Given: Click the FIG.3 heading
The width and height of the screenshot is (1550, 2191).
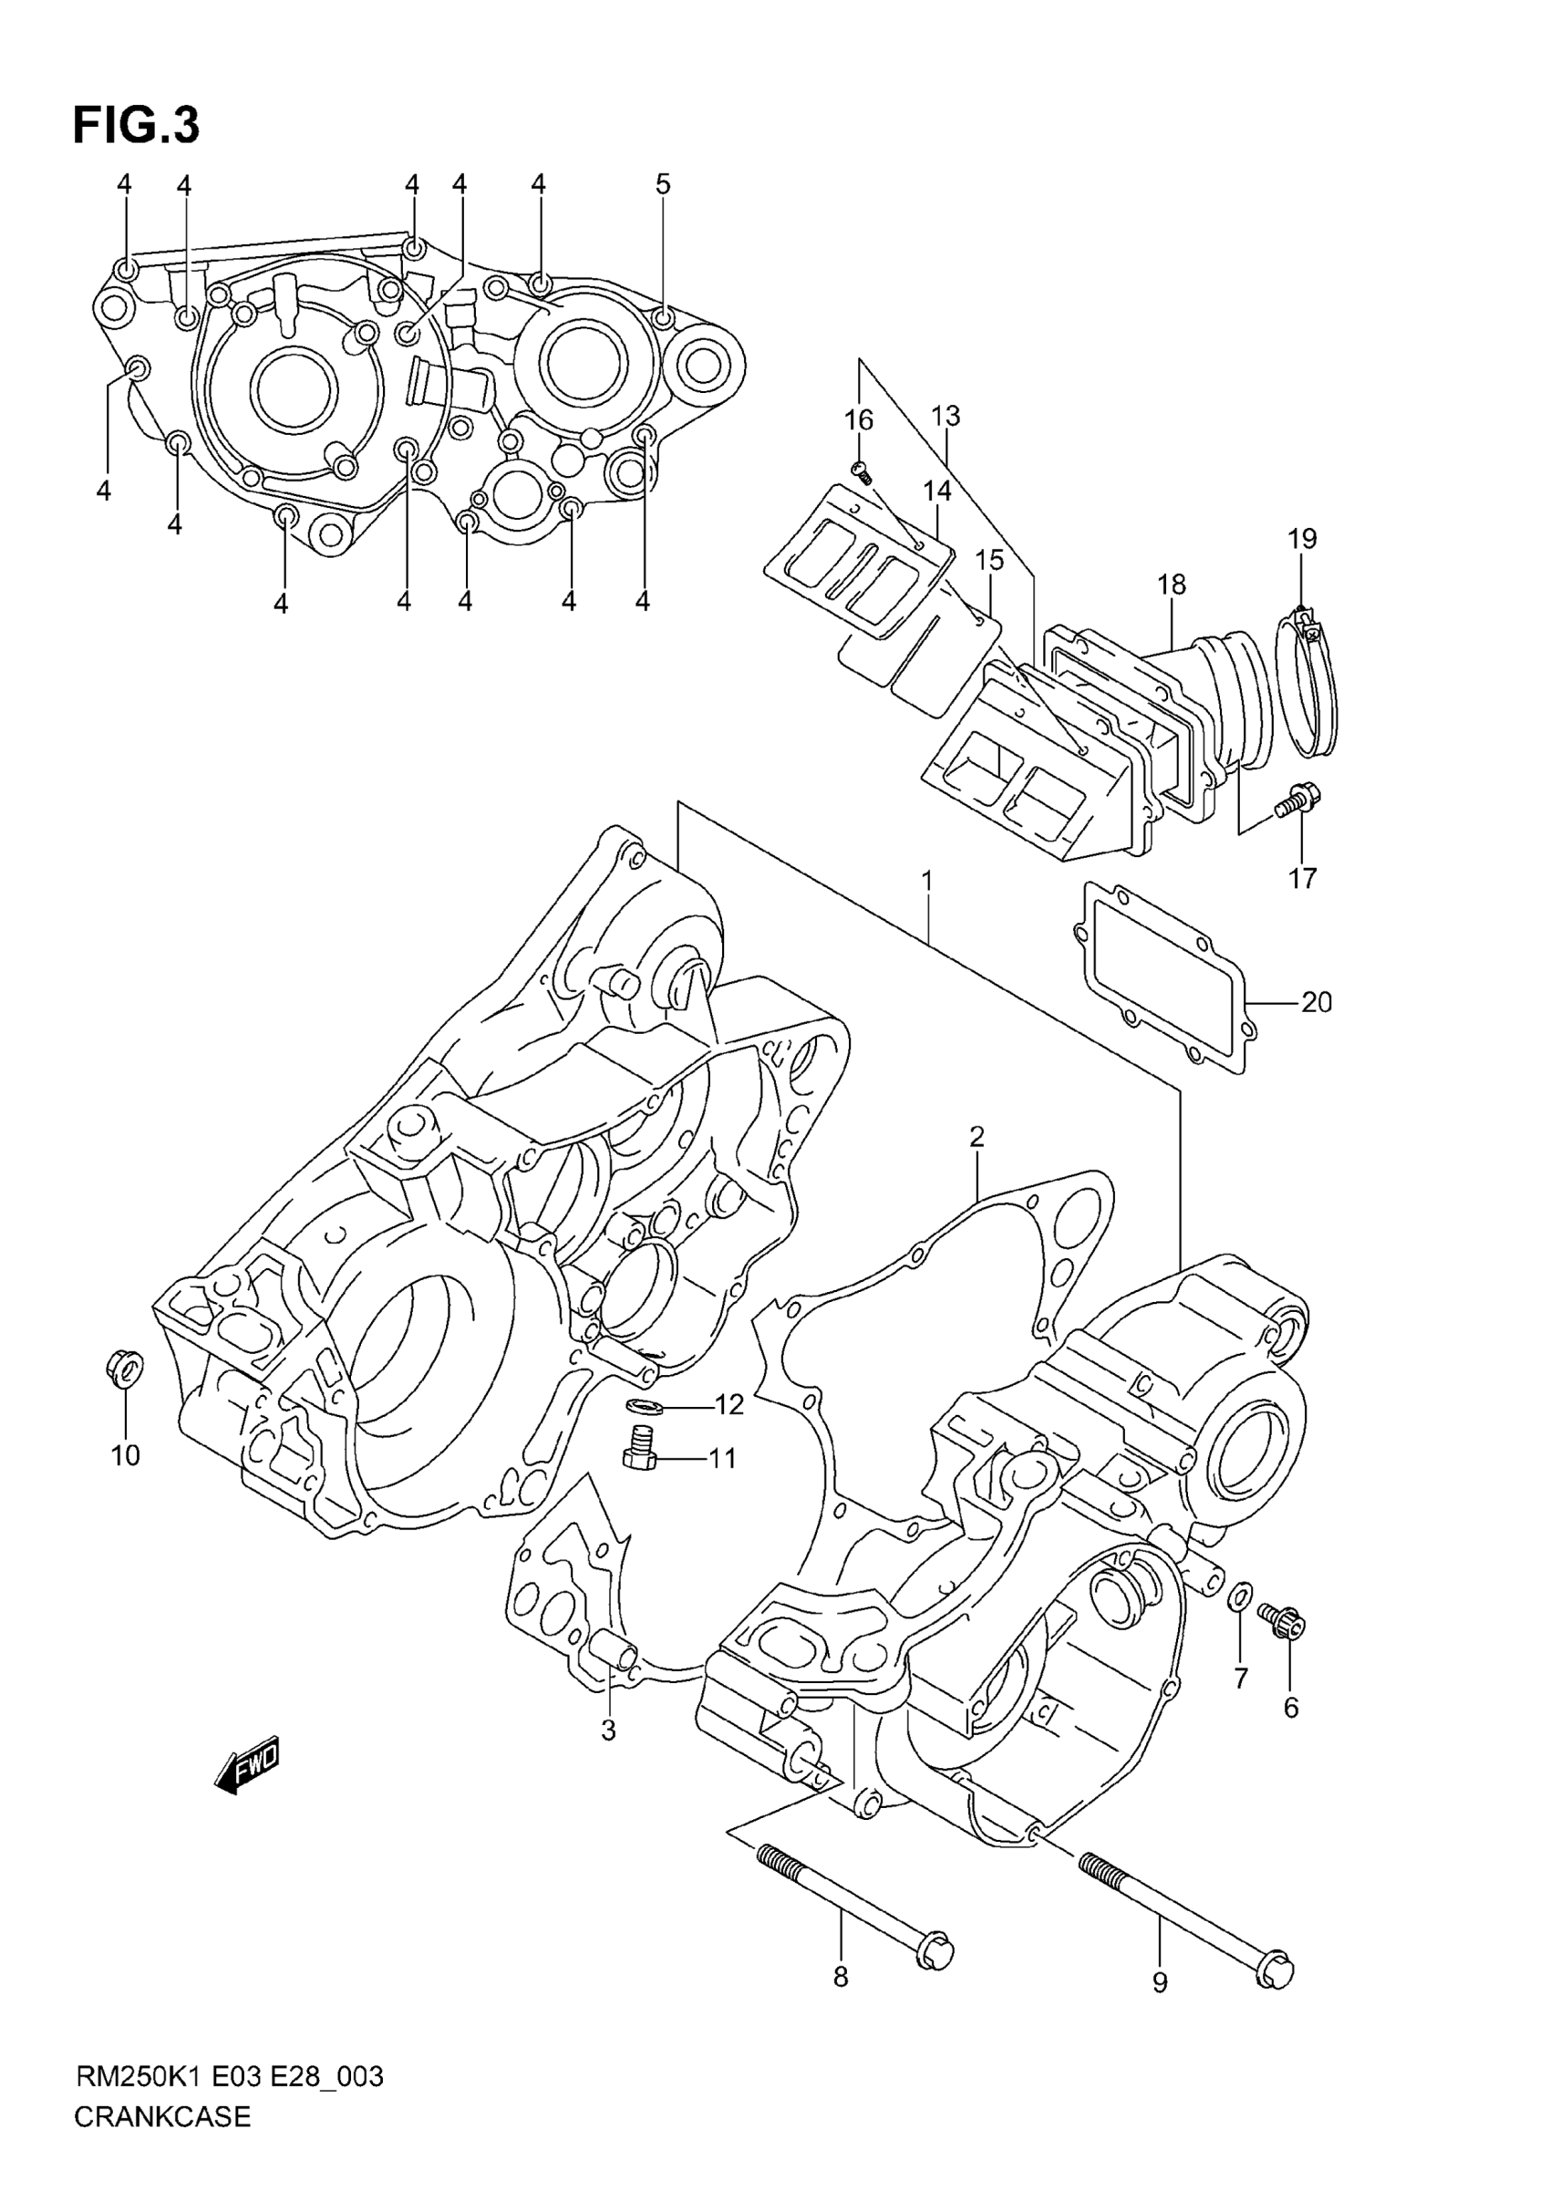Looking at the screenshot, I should pos(137,125).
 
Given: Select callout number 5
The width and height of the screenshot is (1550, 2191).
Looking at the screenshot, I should pos(662,184).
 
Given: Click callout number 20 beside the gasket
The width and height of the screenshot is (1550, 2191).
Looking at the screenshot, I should pos(1317,1002).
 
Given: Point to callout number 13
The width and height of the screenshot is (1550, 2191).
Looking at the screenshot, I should pos(945,416).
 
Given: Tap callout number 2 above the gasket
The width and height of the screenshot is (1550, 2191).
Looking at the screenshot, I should pos(976,1137).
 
